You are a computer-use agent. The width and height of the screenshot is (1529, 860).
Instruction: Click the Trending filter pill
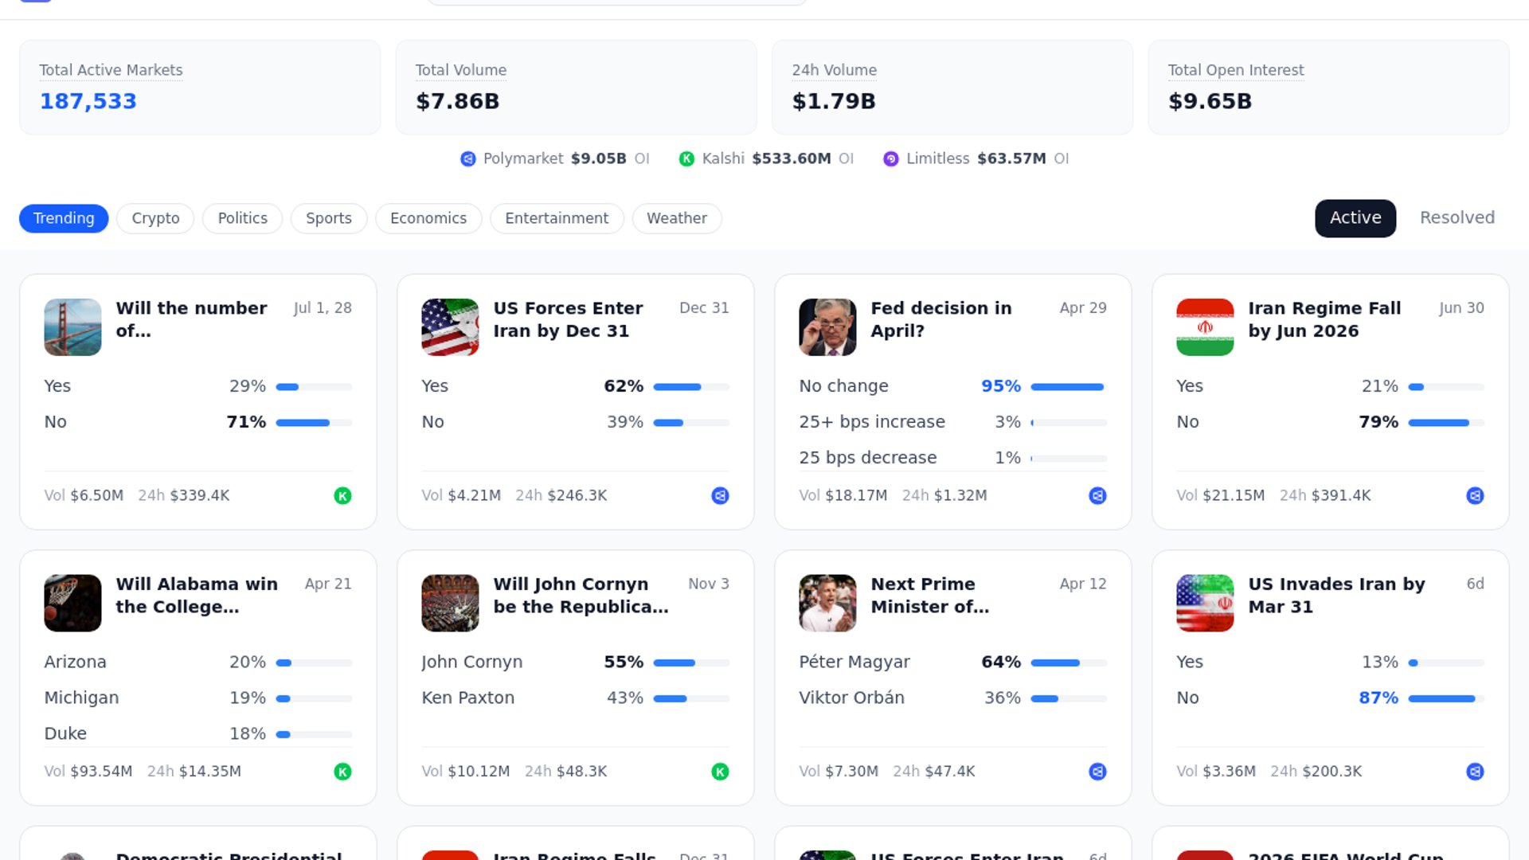[64, 218]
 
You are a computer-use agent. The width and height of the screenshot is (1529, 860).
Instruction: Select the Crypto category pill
[155, 218]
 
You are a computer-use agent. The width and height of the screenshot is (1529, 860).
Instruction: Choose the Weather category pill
[676, 218]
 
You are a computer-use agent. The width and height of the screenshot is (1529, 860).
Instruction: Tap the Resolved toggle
[1457, 217]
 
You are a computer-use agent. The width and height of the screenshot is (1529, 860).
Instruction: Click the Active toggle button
[1355, 217]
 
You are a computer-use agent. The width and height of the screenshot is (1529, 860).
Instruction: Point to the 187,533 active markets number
[88, 101]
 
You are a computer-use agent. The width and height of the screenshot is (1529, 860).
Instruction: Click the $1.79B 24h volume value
[834, 101]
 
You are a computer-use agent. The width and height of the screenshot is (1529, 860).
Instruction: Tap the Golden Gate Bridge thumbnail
[72, 326]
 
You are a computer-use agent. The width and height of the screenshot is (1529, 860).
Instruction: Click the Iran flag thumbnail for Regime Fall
[1205, 326]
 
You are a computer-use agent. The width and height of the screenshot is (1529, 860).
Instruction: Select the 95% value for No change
[1001, 386]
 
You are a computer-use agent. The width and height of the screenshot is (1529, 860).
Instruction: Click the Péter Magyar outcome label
[854, 662]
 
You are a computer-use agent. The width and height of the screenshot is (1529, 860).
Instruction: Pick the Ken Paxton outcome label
[467, 698]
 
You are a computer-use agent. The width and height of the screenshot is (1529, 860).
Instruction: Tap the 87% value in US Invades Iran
[1378, 698]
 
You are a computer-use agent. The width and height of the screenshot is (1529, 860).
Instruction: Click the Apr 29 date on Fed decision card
[1082, 307]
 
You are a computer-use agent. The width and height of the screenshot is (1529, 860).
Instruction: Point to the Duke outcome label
[65, 733]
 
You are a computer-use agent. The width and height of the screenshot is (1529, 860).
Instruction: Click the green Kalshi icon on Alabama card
[342, 772]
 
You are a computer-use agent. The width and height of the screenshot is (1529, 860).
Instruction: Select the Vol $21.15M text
[1220, 495]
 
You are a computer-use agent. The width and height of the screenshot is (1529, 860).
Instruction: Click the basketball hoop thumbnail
[72, 603]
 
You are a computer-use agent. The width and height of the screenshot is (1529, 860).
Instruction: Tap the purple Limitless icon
[891, 158]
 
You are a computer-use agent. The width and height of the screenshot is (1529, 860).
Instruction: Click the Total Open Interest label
[1235, 70]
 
